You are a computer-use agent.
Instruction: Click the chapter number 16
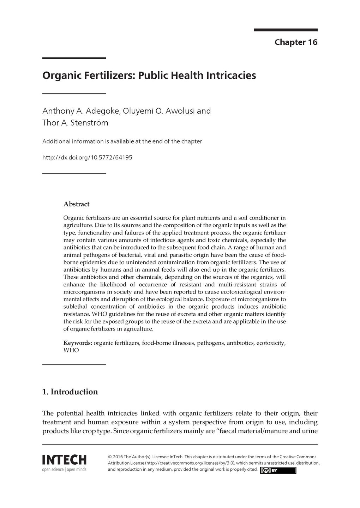[x=313, y=42]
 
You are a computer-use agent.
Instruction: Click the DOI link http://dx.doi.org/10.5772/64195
[x=87, y=157]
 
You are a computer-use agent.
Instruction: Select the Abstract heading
[x=76, y=204]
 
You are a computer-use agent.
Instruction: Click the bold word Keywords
[x=77, y=343]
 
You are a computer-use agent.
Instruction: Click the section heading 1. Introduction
[x=70, y=392]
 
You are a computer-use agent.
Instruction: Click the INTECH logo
[x=64, y=460]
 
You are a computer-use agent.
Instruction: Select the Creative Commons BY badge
[x=278, y=470]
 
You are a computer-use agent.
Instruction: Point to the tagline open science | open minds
[x=64, y=470]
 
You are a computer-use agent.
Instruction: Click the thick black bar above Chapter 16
[x=286, y=30]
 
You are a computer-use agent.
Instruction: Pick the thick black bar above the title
[x=74, y=58]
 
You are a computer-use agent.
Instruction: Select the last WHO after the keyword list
[x=71, y=351]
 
